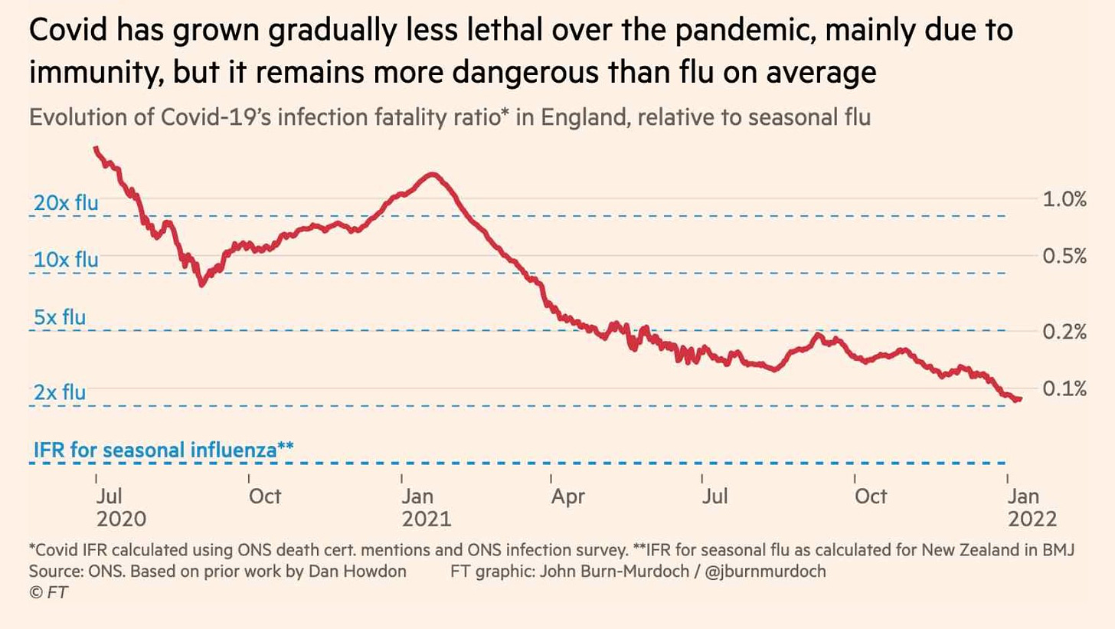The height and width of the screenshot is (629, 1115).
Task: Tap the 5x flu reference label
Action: (60, 317)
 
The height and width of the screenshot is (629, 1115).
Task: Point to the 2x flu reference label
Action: (60, 392)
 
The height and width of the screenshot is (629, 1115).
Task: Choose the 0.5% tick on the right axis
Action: (1064, 257)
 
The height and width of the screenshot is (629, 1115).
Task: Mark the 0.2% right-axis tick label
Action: (1064, 332)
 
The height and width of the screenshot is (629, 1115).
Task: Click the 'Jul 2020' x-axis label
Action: (121, 507)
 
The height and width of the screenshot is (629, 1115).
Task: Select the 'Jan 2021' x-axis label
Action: (427, 507)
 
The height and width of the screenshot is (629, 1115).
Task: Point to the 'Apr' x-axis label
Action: (569, 496)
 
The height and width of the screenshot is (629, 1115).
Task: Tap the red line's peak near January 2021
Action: (433, 175)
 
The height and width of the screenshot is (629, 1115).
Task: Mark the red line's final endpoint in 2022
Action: (1019, 398)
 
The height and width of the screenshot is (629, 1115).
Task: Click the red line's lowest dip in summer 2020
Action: (201, 284)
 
